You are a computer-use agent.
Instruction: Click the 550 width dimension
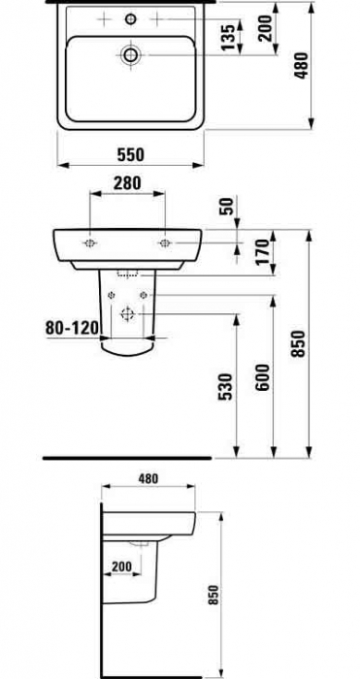[131, 153]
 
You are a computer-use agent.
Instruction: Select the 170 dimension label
[259, 251]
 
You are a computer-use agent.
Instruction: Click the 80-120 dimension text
[72, 328]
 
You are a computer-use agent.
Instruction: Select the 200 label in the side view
[121, 564]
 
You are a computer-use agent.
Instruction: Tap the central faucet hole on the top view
[131, 18]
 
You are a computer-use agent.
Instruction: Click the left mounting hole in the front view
[89, 241]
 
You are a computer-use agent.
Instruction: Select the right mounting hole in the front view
[165, 241]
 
